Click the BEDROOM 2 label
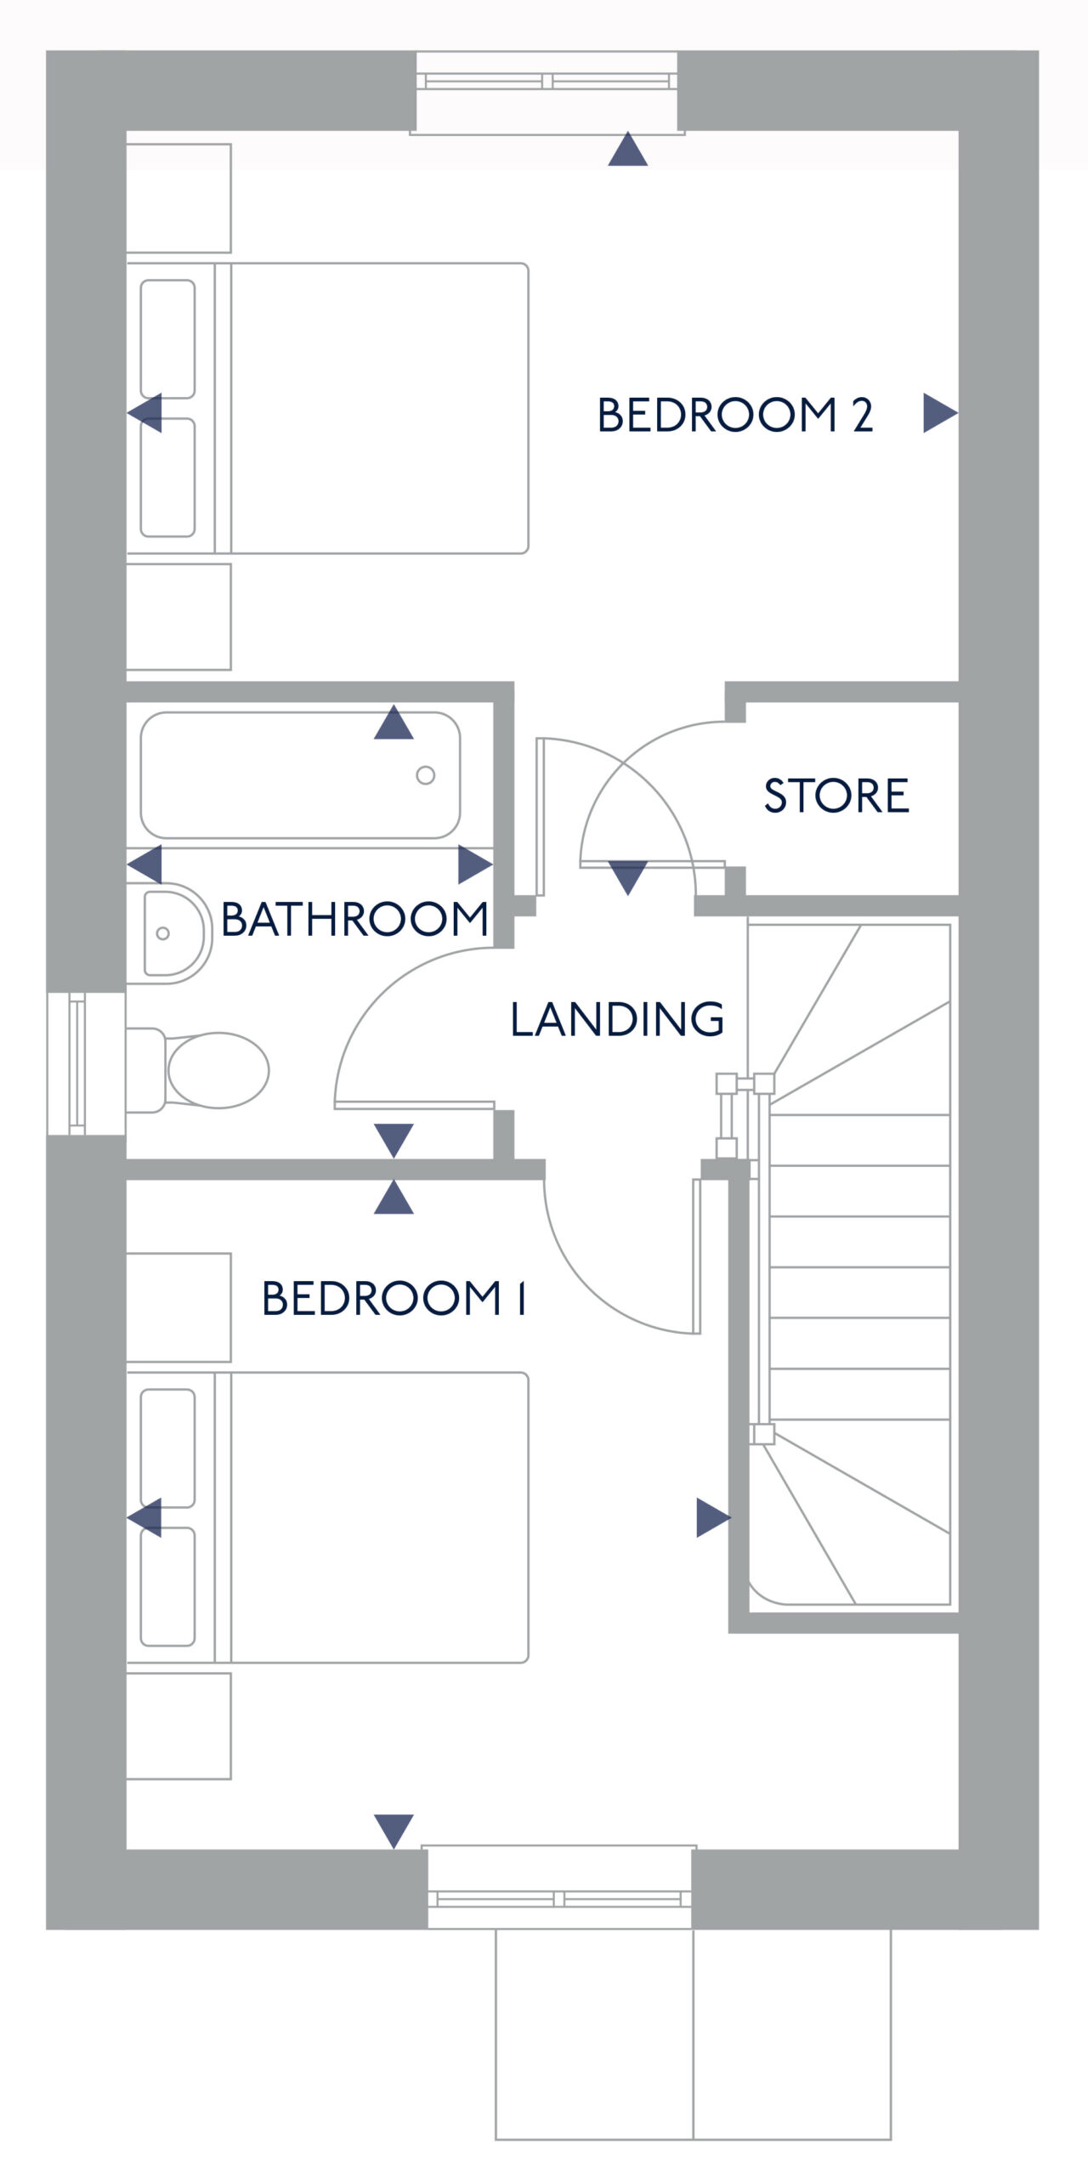pos(735,415)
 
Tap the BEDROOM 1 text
pos(394,1298)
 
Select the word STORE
pos(836,796)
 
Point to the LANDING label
pos(617,1018)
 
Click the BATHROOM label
pos(354,919)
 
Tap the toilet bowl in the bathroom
pos(218,1070)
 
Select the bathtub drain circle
pos(426,775)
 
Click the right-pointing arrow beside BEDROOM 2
pos(941,413)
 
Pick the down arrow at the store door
pos(628,878)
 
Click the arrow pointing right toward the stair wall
pos(714,1517)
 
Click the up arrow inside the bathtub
pos(394,722)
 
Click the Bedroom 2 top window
pos(547,92)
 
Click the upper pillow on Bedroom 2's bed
pos(167,339)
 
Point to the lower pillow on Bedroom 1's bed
pos(167,1587)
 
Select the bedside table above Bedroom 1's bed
pos(178,1307)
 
